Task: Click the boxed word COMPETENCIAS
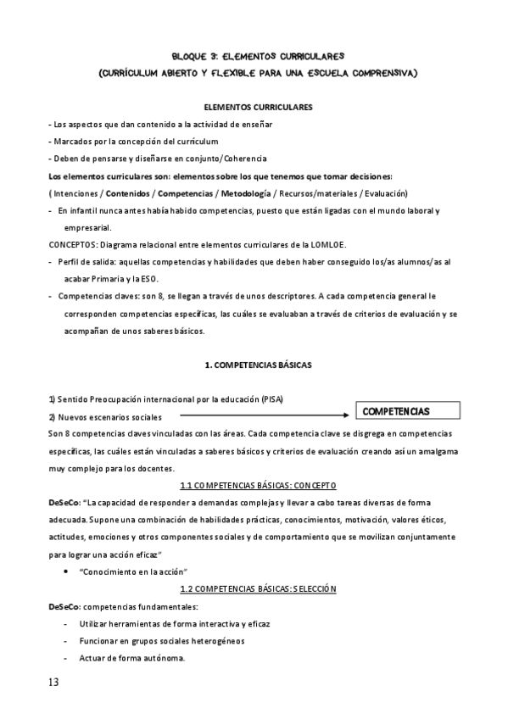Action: click(x=395, y=411)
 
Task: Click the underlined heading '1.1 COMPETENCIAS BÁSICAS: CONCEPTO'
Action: click(x=259, y=485)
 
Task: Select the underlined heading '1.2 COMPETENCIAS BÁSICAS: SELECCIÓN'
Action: click(x=259, y=588)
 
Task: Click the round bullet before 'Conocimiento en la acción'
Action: click(x=65, y=571)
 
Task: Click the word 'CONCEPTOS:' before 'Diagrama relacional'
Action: click(x=72, y=244)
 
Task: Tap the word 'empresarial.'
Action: click(x=87, y=227)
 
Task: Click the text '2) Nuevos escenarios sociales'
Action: click(x=104, y=416)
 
